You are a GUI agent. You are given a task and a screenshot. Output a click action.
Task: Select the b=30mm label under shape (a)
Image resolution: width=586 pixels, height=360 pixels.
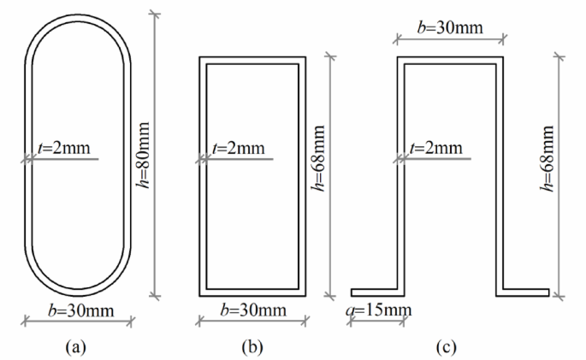pos(78,309)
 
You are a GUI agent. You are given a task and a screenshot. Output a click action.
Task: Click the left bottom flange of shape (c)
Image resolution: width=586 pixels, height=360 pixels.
pos(375,292)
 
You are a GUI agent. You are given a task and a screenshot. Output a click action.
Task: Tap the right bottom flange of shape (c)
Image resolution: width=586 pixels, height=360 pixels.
pos(525,292)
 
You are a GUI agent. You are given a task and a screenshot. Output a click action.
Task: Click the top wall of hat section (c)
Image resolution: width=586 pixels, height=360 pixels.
pos(449,60)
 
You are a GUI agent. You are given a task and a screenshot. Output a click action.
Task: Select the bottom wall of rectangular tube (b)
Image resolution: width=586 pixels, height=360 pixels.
pos(252,292)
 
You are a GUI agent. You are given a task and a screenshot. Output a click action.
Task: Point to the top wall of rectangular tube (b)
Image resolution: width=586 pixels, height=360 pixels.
pos(252,60)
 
